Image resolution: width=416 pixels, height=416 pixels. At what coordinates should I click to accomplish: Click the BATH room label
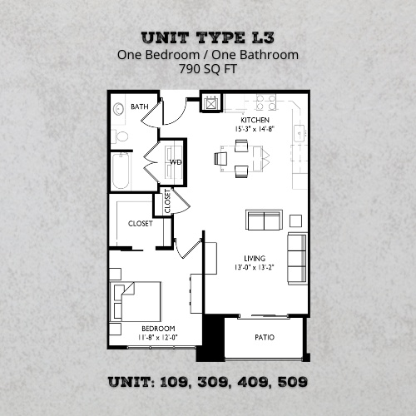coord(139,107)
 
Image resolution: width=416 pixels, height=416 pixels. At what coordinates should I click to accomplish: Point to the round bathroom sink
coord(118,108)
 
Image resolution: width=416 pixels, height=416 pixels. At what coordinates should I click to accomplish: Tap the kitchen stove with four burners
coord(265,103)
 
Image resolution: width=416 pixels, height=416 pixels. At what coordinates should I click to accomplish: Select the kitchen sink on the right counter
coord(300,131)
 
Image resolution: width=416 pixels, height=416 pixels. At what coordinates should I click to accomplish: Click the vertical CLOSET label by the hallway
coord(167,201)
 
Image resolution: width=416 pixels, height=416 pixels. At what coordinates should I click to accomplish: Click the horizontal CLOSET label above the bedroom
coord(139,224)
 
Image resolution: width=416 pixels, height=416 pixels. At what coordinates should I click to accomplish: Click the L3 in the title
coord(260,37)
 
